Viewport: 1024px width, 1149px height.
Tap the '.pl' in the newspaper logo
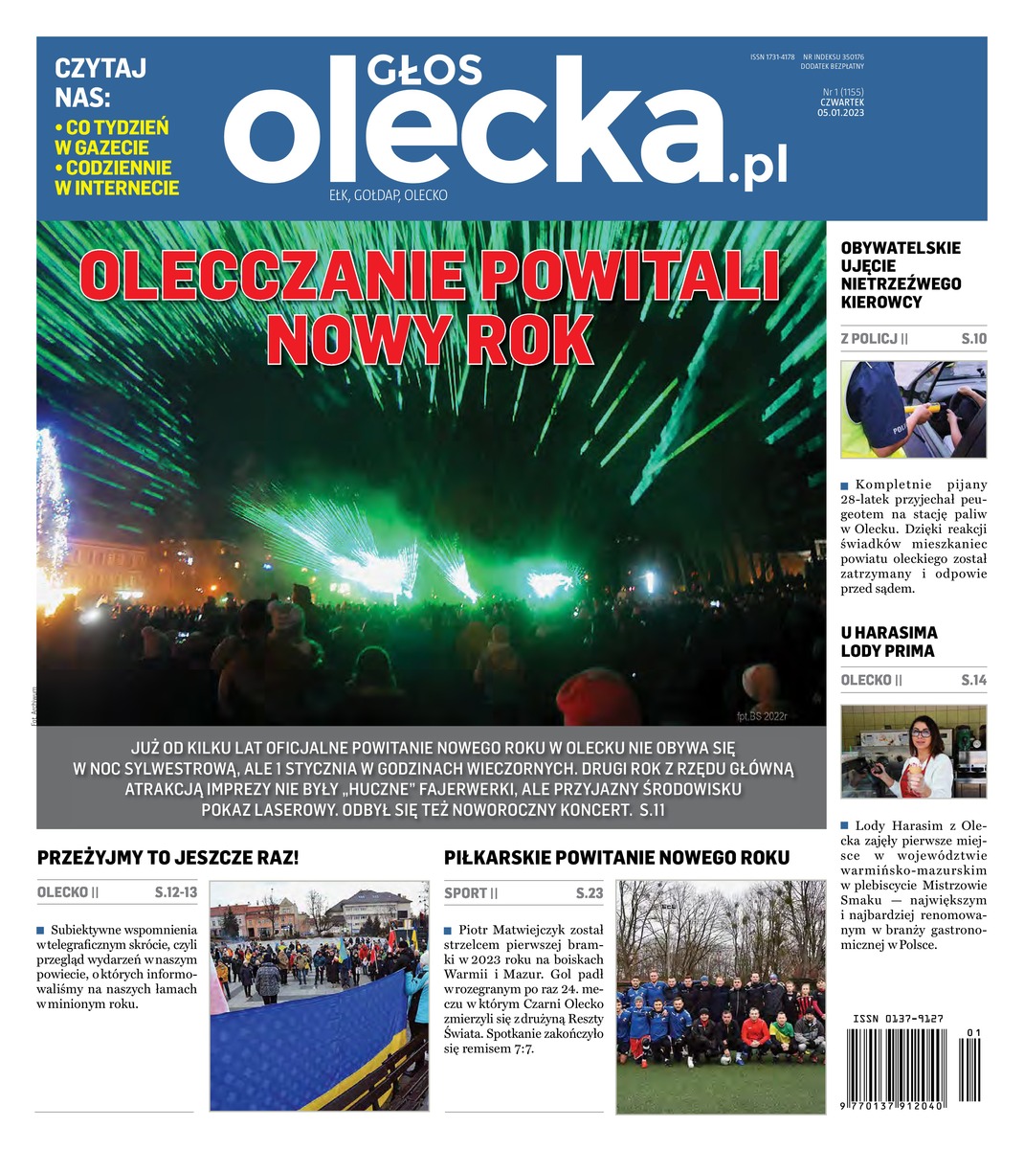757,169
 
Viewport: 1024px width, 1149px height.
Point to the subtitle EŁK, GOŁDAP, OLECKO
388,195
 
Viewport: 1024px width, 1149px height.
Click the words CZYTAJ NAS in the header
100,82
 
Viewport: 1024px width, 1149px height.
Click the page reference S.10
973,339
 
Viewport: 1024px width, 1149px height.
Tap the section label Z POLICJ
874,339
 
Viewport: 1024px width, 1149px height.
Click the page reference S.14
973,681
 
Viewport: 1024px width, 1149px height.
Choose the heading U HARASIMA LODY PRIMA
888,642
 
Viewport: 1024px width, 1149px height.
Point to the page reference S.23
590,893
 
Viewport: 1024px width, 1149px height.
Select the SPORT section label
470,893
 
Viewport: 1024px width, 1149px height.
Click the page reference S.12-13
175,893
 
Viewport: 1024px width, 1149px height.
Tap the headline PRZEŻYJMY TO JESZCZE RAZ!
167,858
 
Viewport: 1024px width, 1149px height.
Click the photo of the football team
720,997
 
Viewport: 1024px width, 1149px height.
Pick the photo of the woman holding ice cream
913,752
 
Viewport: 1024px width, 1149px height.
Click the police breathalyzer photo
913,410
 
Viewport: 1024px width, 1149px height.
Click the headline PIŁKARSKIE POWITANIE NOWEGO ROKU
616,858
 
